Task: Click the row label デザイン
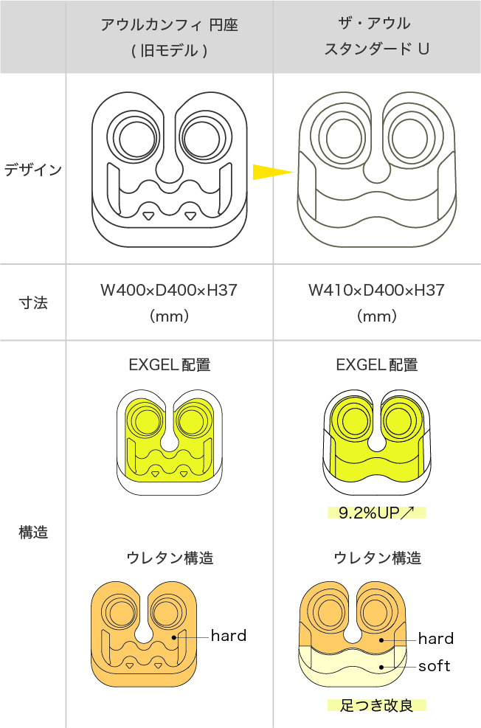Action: pos(32,170)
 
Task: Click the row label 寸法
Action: pos(32,302)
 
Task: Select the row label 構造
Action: pos(32,533)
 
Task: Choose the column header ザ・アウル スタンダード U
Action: pos(376,36)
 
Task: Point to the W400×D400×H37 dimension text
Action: pos(169,290)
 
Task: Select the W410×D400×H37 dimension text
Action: pos(376,290)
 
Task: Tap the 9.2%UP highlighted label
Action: pos(377,513)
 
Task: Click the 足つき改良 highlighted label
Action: pos(377,706)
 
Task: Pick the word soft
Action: pos(435,666)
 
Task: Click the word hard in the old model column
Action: pos(229,635)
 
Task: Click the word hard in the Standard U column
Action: pos(436,638)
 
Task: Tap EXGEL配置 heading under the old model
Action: pos(169,365)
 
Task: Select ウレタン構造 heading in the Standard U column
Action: pos(376,558)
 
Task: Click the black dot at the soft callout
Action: pos(381,666)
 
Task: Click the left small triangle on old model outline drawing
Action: pos(148,215)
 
